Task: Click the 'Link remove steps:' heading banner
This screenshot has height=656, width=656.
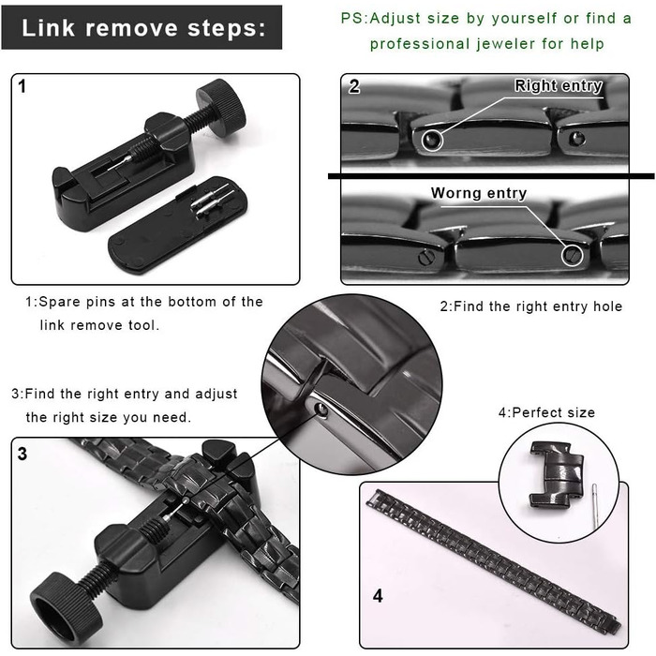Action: click(142, 27)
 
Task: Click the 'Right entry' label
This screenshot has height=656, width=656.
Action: click(559, 85)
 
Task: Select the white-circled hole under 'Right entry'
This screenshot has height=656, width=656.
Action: click(432, 140)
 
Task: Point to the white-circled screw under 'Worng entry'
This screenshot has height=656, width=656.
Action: click(572, 254)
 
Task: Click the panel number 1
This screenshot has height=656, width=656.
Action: click(22, 86)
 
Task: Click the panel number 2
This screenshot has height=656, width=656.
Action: click(354, 86)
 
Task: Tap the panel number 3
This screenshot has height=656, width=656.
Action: click(22, 454)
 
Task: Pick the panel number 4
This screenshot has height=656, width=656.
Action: click(378, 596)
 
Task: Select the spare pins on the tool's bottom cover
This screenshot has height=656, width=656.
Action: click(212, 200)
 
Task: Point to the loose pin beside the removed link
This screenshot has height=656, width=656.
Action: click(595, 506)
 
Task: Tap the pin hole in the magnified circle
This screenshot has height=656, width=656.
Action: click(321, 410)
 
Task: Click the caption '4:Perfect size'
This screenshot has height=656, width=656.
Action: click(546, 412)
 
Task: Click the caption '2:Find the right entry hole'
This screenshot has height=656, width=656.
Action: click(531, 306)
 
